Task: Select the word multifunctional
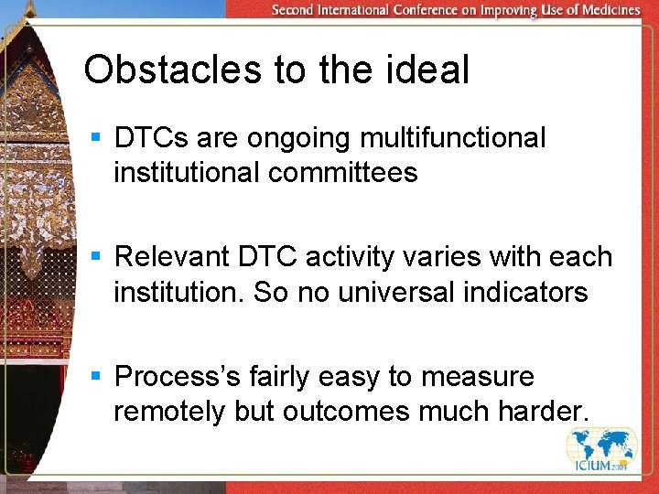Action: coord(452,138)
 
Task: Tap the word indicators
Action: coord(531,294)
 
